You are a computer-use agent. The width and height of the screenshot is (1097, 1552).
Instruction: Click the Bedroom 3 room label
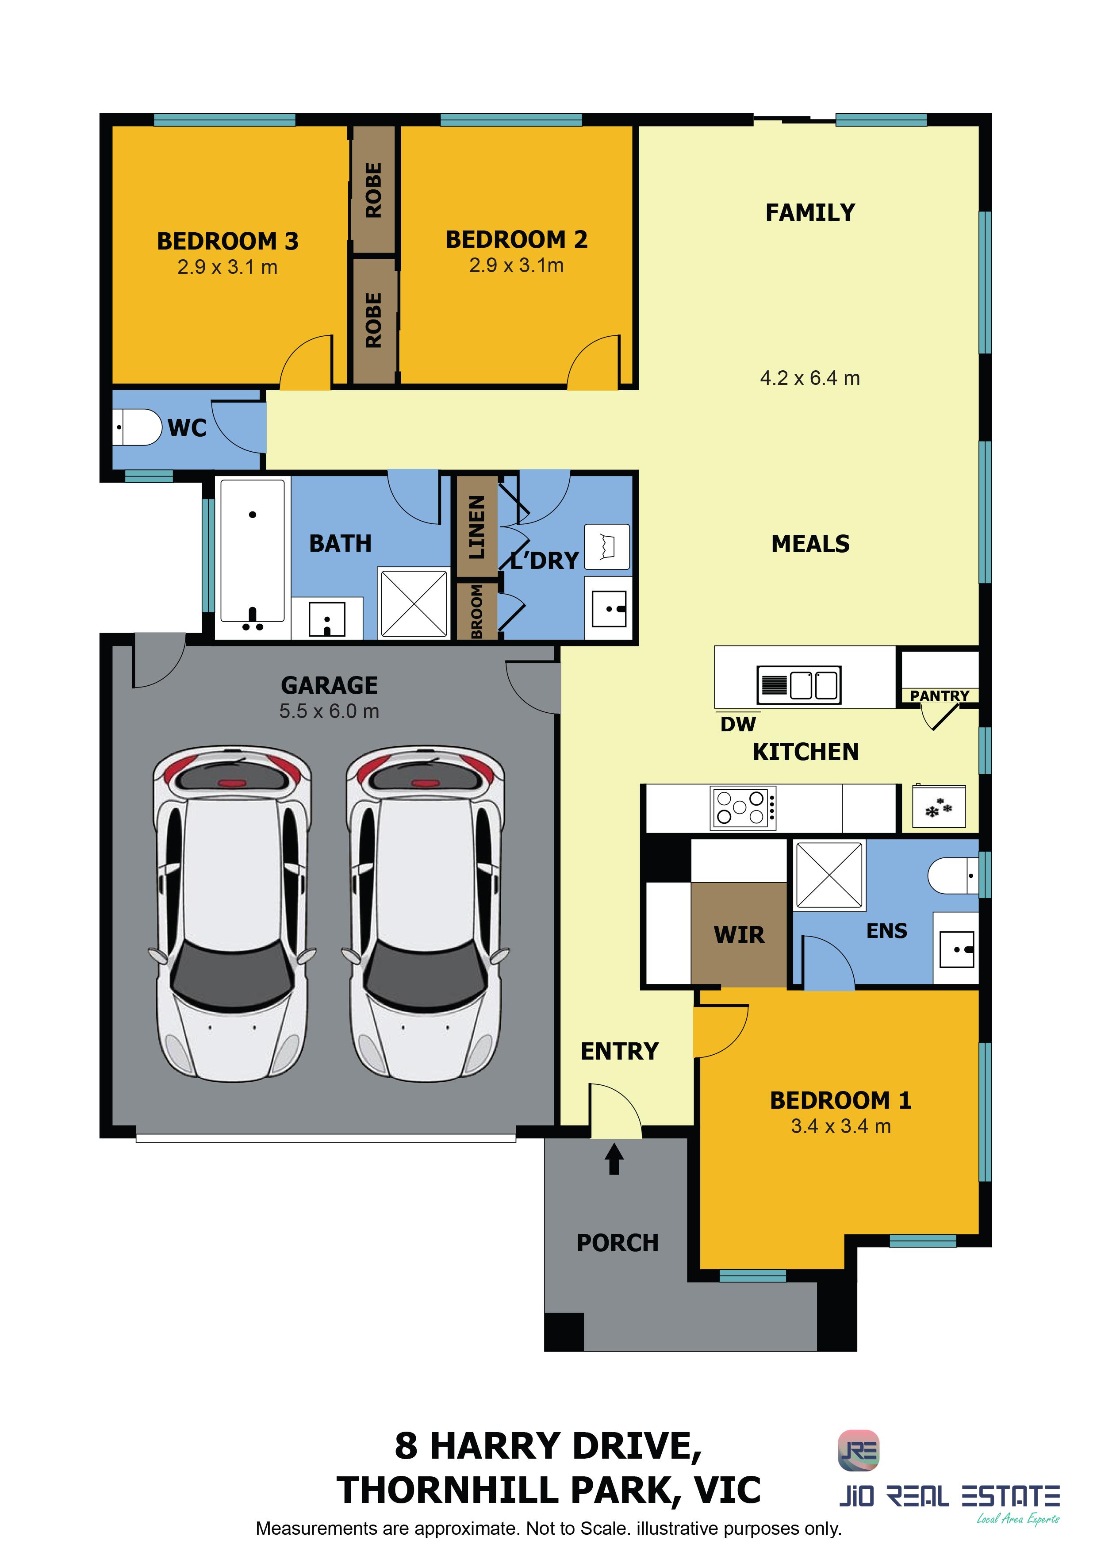[228, 241]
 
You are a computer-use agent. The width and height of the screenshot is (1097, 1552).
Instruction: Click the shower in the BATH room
[414, 603]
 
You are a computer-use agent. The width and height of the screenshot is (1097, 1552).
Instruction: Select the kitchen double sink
[799, 685]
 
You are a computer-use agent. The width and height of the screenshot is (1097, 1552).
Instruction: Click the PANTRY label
[940, 695]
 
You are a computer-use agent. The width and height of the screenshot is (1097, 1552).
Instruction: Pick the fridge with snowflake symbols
[939, 807]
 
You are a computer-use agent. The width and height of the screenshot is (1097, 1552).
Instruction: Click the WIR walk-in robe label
[740, 936]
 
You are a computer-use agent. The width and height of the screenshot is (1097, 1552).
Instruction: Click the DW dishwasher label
[738, 725]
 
